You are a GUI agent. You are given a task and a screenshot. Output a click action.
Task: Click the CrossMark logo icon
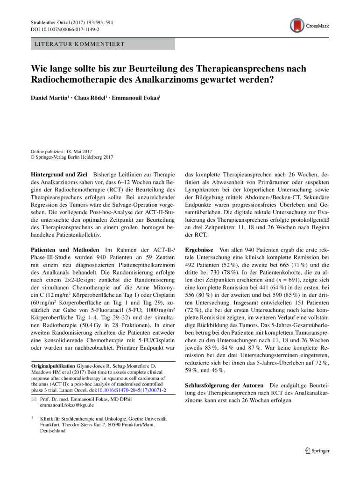(297, 25)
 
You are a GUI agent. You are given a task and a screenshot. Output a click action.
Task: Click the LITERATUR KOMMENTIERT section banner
(102, 44)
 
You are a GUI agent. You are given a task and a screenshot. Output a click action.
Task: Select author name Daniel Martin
(49, 98)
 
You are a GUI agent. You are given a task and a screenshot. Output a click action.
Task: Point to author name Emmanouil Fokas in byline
(134, 98)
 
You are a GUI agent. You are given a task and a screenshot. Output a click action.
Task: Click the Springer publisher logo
(317, 451)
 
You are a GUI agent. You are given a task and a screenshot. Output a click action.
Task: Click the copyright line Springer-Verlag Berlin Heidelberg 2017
(74, 157)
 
